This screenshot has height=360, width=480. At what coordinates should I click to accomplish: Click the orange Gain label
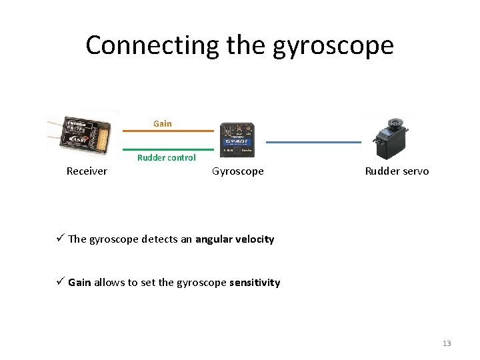(162, 123)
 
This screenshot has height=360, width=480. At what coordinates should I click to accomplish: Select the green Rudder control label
(167, 158)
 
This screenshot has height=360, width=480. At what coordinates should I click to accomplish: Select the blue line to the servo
(313, 142)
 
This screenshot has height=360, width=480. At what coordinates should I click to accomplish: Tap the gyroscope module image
(238, 141)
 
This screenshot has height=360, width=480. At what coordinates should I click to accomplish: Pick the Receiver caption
(87, 171)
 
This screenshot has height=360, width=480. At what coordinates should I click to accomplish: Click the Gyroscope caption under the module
(238, 171)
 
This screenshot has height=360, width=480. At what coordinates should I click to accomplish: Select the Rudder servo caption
(397, 171)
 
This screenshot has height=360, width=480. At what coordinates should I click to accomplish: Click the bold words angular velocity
(235, 239)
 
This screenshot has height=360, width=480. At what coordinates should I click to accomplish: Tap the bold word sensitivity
(255, 282)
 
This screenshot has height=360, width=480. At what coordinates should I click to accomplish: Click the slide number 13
(447, 343)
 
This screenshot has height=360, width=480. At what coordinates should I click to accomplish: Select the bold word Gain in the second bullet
(79, 282)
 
